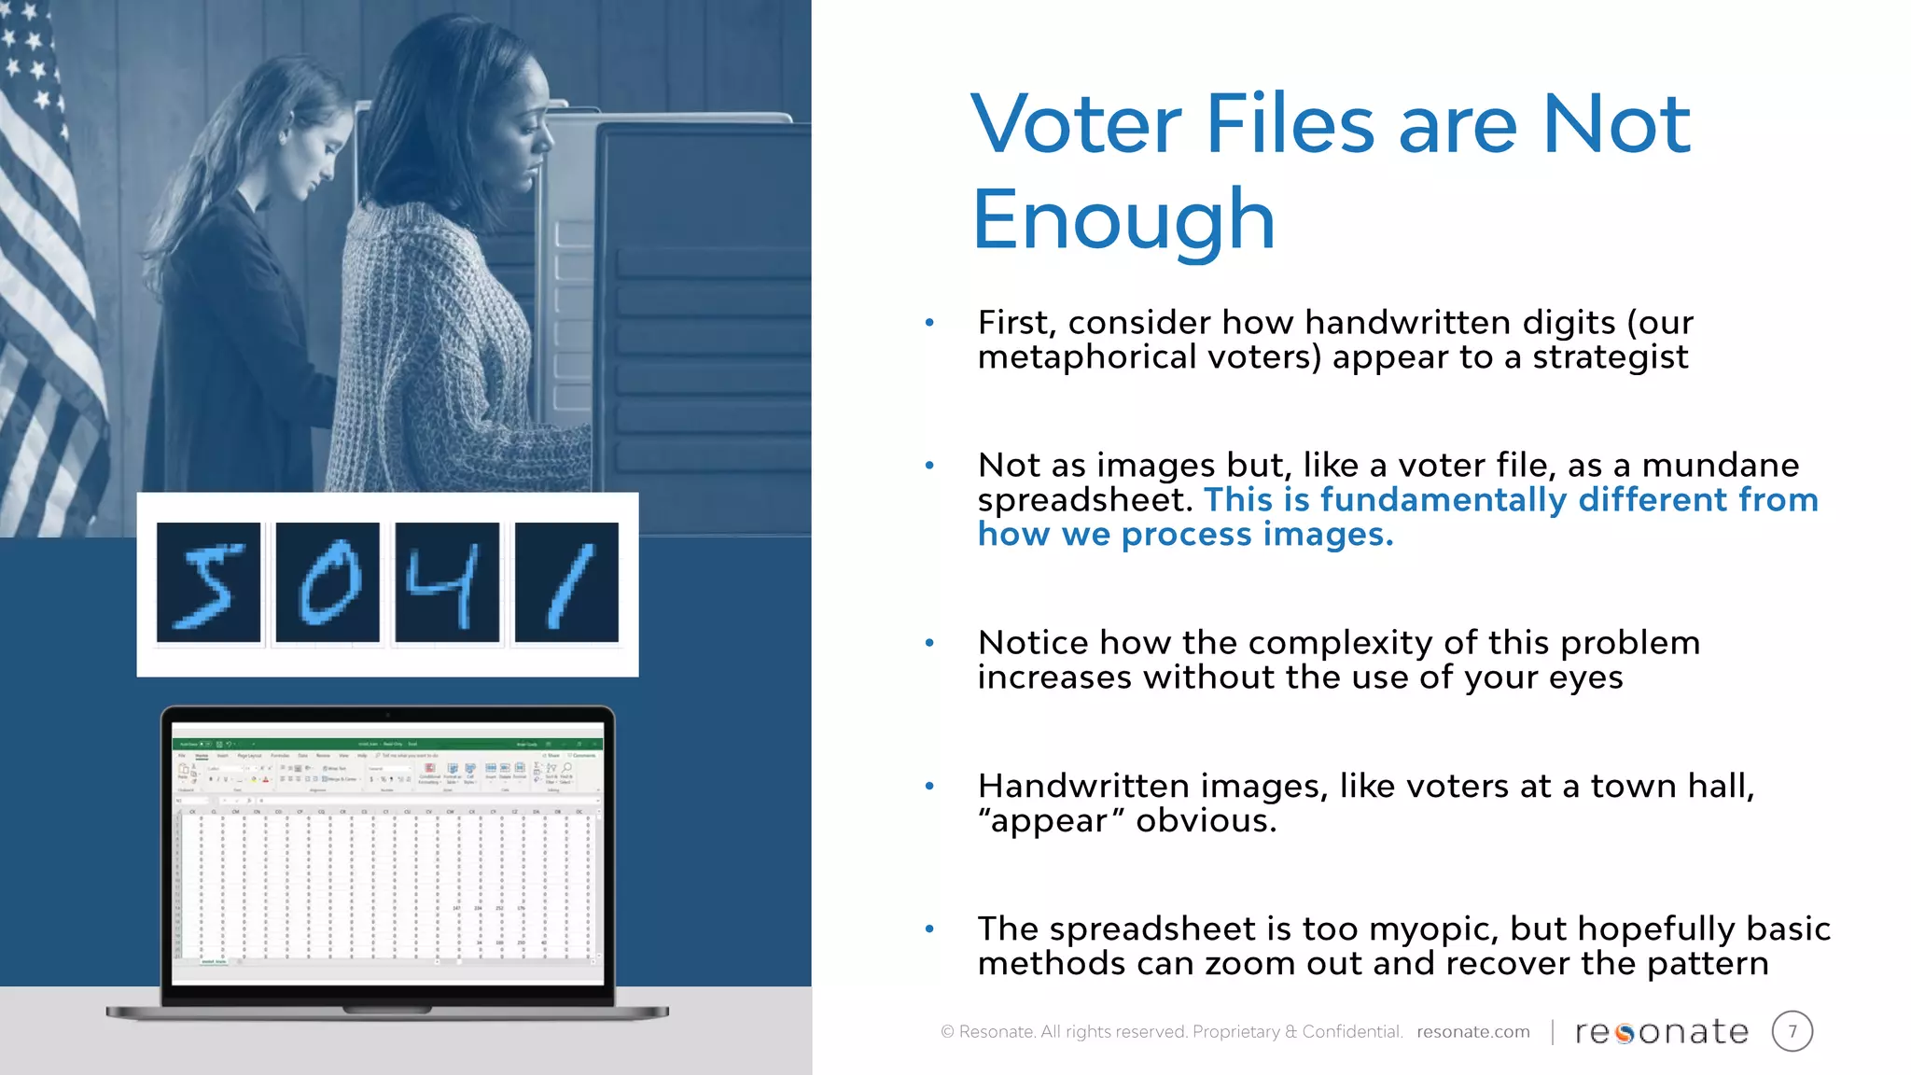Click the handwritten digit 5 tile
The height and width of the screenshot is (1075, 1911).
point(208,583)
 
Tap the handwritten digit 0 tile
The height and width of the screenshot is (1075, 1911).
point(328,583)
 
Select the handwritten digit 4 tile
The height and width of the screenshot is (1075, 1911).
point(447,583)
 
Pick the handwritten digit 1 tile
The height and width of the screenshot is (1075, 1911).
point(566,583)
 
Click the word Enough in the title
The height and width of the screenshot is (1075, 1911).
point(1123,220)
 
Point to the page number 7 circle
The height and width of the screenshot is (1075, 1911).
point(1792,1031)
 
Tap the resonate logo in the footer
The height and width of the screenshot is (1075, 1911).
point(1661,1031)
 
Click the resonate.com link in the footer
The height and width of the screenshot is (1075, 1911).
point(1472,1031)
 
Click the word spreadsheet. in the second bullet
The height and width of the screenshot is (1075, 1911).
point(1085,500)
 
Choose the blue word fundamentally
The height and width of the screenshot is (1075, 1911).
point(1443,500)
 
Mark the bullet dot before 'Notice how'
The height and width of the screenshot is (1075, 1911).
point(929,643)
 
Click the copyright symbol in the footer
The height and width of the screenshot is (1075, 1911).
point(947,1031)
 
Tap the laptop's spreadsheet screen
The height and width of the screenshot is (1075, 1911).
point(387,854)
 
